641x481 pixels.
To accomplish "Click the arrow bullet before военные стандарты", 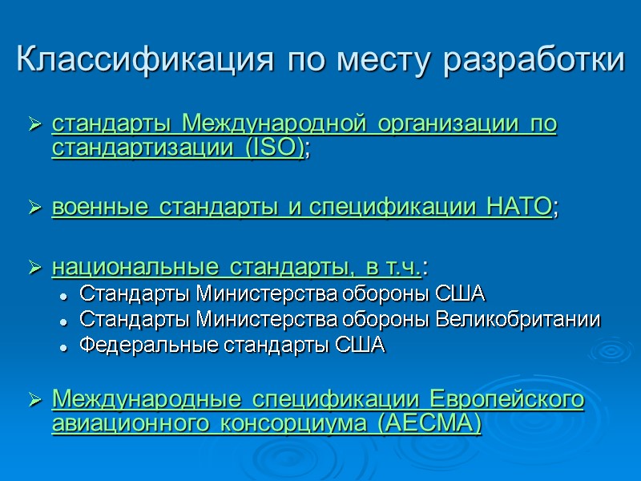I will (35, 208).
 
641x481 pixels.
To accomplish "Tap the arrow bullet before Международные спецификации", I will (35, 400).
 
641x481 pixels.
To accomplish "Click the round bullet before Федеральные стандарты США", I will (63, 347).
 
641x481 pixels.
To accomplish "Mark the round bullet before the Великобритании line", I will (63, 321).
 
